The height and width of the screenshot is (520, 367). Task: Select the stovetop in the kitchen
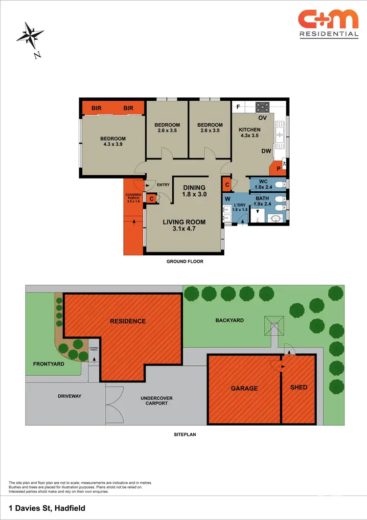click(263, 107)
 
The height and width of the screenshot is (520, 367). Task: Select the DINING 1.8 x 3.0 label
click(194, 190)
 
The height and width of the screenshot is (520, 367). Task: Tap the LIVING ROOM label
click(184, 225)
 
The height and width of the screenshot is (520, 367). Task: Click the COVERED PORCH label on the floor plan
click(134, 198)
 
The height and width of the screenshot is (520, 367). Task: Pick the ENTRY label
click(163, 184)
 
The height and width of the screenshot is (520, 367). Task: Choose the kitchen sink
click(280, 134)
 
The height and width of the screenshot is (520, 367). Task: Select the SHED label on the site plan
click(298, 387)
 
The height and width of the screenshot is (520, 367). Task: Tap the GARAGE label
click(244, 388)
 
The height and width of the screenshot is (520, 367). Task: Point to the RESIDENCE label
click(128, 321)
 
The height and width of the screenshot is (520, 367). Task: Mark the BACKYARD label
click(229, 320)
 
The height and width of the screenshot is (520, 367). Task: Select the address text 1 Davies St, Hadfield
click(42, 507)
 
